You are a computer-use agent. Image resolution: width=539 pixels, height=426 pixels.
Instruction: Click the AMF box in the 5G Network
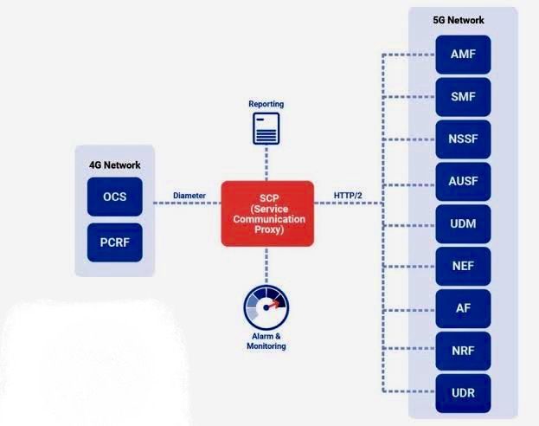[463, 55]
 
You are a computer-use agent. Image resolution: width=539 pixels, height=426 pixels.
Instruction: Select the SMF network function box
[463, 97]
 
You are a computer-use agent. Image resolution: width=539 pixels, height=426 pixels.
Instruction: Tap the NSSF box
[463, 139]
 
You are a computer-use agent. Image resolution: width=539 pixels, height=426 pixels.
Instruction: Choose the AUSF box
[463, 181]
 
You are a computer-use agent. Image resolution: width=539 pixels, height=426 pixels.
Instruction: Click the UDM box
[463, 224]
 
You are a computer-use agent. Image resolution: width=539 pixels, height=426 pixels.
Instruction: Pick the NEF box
[463, 267]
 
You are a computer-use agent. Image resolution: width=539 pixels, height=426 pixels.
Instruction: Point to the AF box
[463, 308]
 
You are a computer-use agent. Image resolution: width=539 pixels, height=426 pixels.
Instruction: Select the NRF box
[463, 351]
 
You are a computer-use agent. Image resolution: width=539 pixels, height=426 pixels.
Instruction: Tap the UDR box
[463, 393]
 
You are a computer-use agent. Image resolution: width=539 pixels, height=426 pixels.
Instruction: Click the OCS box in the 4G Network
[115, 197]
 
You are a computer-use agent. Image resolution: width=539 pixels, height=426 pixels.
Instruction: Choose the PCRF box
[115, 242]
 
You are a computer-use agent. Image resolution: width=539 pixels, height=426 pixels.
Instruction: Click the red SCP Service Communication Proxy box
[267, 214]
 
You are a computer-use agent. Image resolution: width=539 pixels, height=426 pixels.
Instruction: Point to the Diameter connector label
[189, 196]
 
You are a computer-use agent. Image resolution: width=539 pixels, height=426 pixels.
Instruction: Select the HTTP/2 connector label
[348, 196]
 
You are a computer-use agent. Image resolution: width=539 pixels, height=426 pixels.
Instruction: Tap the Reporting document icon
[266, 129]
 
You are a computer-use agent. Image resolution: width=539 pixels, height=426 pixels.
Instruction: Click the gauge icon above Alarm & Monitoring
[266, 307]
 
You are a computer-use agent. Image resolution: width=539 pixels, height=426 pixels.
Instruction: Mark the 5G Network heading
[459, 20]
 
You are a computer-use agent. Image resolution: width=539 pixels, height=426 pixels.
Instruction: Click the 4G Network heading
[115, 165]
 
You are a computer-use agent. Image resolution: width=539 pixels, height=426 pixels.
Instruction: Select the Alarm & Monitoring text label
[266, 341]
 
